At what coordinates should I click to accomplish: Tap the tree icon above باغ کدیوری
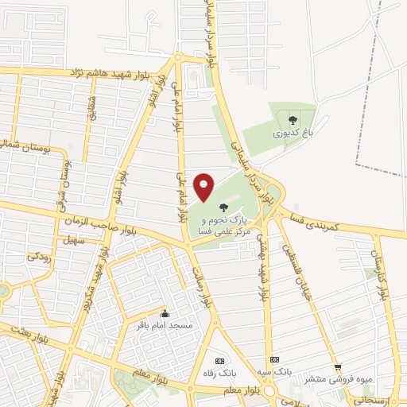pos(293,120)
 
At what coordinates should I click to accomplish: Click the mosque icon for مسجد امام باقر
pos(164,312)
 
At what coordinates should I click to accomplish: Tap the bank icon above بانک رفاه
pos(220,360)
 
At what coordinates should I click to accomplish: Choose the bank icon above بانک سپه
pos(274,359)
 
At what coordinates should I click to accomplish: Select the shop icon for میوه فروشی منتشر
pos(338,367)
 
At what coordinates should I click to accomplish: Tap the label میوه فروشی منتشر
pos(339,379)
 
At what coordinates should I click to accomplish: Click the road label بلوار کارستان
pos(380,274)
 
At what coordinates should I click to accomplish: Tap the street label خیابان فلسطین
pos(295,267)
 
